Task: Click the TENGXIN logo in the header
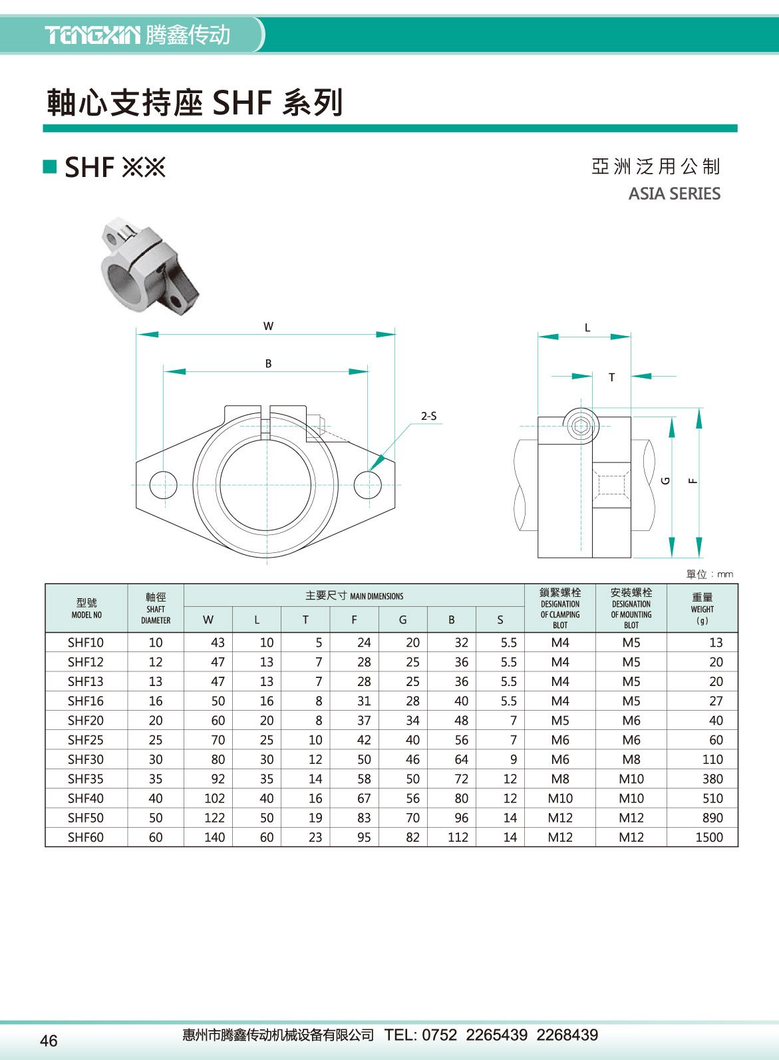(x=93, y=35)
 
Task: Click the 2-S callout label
(x=428, y=417)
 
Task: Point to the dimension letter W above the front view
(x=268, y=326)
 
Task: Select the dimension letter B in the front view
(x=268, y=364)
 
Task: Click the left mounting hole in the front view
(x=163, y=484)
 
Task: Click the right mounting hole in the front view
(x=367, y=484)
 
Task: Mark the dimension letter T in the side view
(x=612, y=378)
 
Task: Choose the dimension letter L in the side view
(x=587, y=328)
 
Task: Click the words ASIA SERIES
(x=674, y=194)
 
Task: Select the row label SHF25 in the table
(x=86, y=740)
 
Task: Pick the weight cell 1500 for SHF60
(x=708, y=837)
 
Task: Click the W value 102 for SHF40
(x=214, y=798)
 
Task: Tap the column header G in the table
(x=402, y=619)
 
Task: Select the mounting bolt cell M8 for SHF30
(x=631, y=759)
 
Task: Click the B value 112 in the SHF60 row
(x=458, y=837)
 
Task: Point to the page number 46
(x=49, y=1041)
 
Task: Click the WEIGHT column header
(x=702, y=608)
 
